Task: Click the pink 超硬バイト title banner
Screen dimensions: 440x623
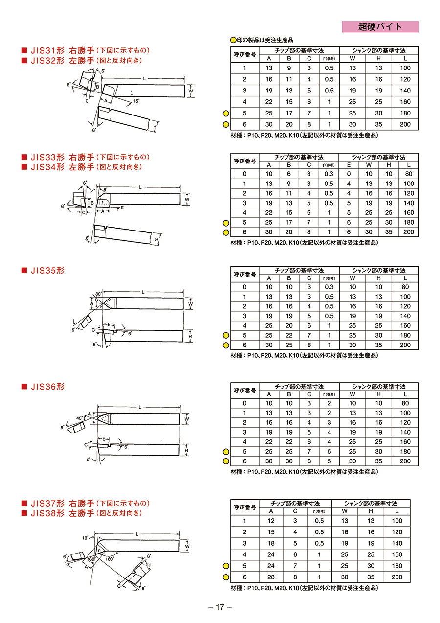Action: pyautogui.click(x=380, y=27)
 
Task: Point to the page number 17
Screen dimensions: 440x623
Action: pyautogui.click(x=220, y=607)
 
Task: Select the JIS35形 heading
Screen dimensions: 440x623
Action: pyautogui.click(x=47, y=270)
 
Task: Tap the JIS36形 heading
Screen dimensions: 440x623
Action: pyautogui.click(x=47, y=387)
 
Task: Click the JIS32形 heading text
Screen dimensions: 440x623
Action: pyautogui.click(x=47, y=60)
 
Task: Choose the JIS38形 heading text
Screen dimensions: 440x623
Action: pyautogui.click(x=47, y=513)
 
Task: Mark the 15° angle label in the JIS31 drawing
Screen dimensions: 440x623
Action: pyautogui.click(x=136, y=101)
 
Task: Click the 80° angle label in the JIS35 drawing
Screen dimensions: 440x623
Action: pyautogui.click(x=99, y=294)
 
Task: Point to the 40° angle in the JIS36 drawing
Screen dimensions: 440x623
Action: pyautogui.click(x=79, y=418)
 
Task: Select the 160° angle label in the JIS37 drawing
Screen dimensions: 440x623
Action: pyautogui.click(x=110, y=559)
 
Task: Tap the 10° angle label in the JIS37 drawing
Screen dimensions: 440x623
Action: pyautogui.click(x=85, y=538)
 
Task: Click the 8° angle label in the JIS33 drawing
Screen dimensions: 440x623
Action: pyautogui.click(x=105, y=190)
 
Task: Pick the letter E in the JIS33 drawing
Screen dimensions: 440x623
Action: pyautogui.click(x=122, y=208)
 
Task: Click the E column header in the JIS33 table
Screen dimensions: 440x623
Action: pyautogui.click(x=349, y=165)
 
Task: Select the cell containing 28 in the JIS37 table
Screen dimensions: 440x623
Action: pyautogui.click(x=271, y=577)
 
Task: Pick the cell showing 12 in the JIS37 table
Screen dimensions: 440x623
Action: pyautogui.click(x=271, y=521)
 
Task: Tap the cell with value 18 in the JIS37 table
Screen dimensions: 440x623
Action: pyautogui.click(x=271, y=543)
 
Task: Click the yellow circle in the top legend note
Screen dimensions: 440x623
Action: pyautogui.click(x=233, y=40)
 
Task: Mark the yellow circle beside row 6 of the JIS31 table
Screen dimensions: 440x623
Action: pyautogui.click(x=226, y=125)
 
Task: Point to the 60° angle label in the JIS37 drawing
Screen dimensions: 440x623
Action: pyautogui.click(x=92, y=559)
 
